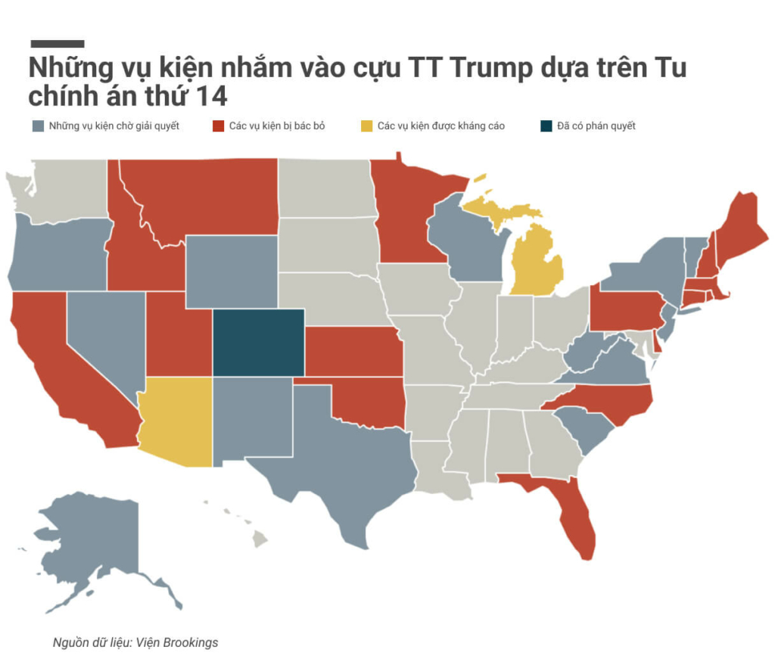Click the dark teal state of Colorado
click(258, 342)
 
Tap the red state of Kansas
click(352, 352)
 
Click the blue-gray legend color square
click(38, 126)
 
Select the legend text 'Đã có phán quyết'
click(596, 126)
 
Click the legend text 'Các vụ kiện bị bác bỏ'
click(277, 126)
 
